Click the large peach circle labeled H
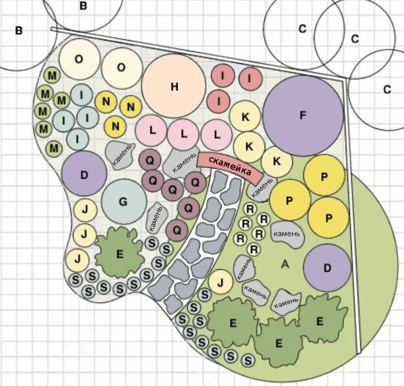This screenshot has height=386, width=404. pos(174,86)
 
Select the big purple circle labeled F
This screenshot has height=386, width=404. pos(303,115)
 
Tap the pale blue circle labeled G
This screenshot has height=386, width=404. pos(123,202)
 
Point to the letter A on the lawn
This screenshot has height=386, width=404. pos(285,264)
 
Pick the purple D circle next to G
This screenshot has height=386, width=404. pos(84,174)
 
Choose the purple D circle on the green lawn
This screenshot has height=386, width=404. pos(327,268)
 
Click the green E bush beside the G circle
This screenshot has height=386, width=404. pos(120,252)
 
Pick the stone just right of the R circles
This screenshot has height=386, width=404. pos(287,234)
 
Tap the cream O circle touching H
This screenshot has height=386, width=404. pos(122,68)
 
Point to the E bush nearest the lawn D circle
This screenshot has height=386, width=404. pos(320,320)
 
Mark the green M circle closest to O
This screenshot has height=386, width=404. pos(52,76)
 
